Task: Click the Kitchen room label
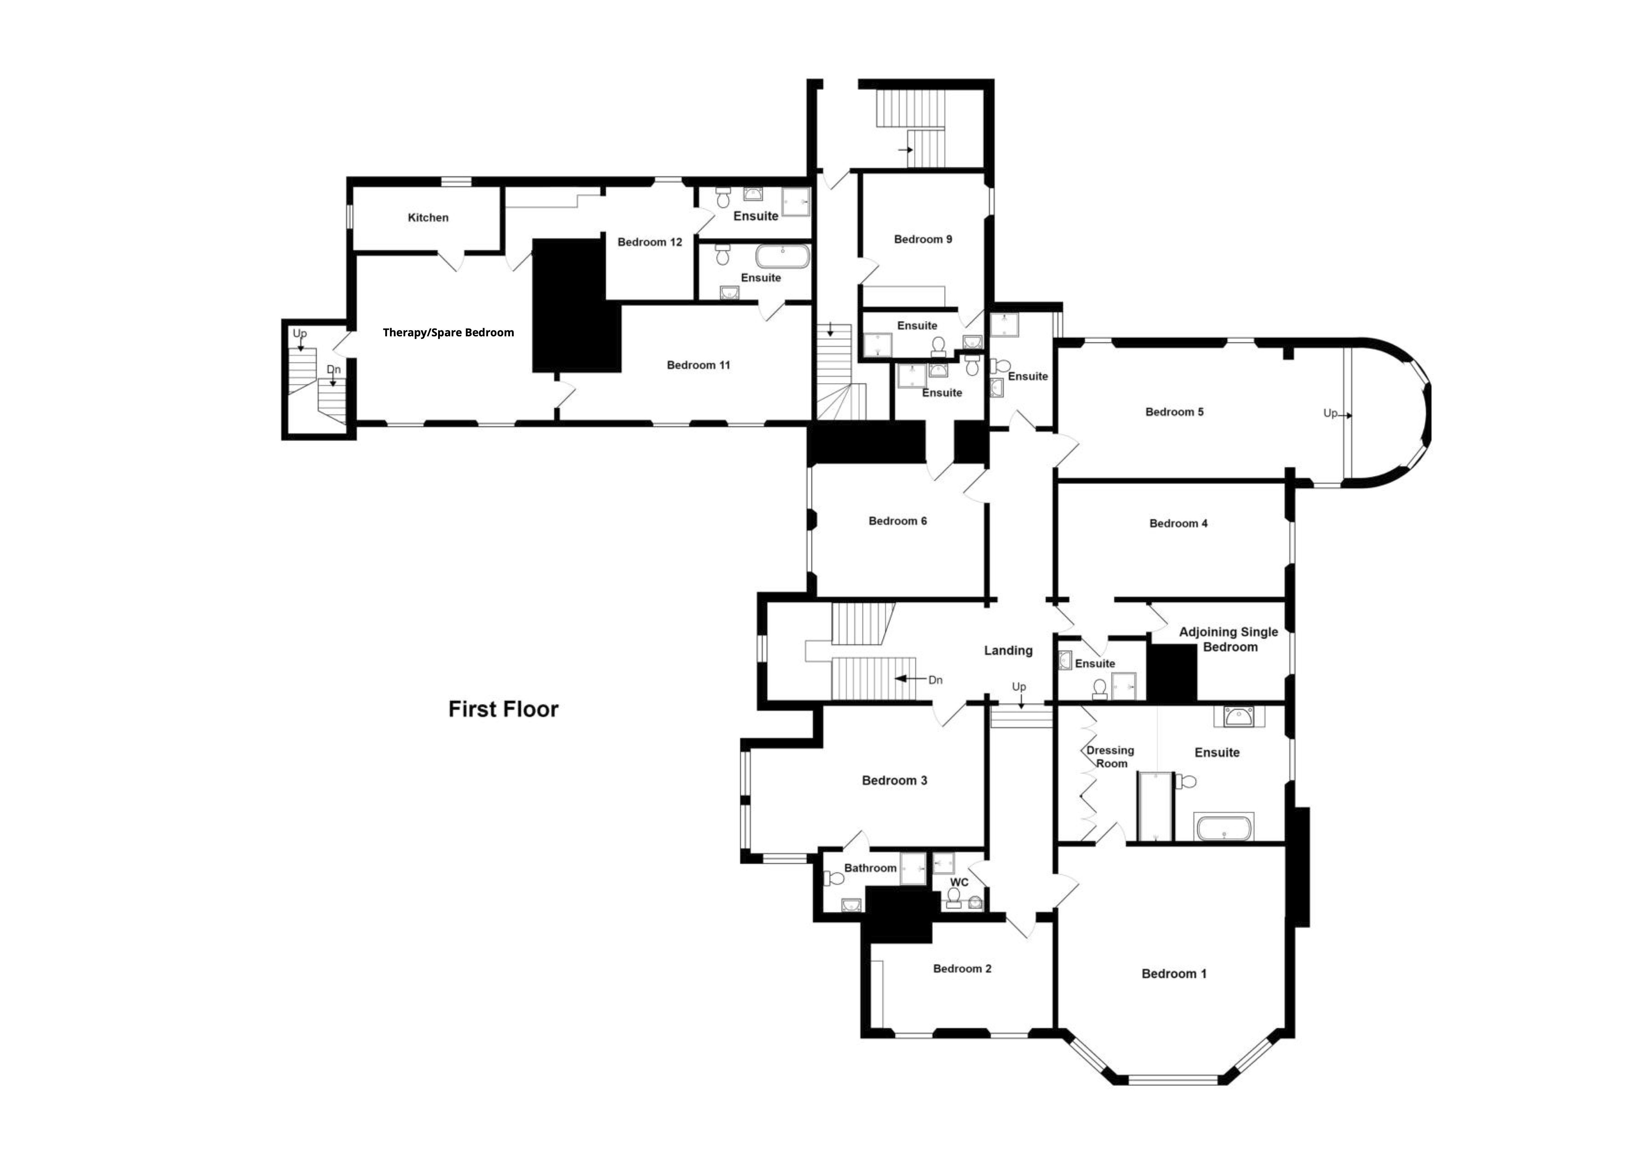tap(428, 217)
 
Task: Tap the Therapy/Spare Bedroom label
tap(448, 332)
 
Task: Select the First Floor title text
tap(503, 709)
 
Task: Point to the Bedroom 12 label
tap(650, 242)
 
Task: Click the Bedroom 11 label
tap(698, 365)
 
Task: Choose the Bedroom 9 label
tap(923, 239)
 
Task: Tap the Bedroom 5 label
tap(1174, 412)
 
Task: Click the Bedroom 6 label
tap(898, 521)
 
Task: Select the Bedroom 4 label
tap(1178, 524)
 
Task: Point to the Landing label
tap(1008, 651)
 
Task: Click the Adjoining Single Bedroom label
tap(1229, 639)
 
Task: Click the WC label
tap(959, 882)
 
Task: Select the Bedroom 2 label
tap(962, 969)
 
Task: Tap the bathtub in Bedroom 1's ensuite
tap(1224, 827)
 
